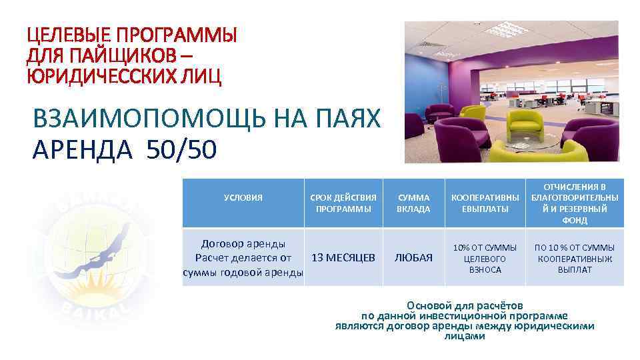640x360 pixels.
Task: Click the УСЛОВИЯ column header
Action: coord(243,198)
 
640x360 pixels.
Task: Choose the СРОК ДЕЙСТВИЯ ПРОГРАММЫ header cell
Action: coord(344,203)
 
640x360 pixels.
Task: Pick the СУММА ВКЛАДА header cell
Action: coord(413,203)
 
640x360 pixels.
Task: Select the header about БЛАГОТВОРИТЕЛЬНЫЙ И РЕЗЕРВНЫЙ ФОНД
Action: coord(574,203)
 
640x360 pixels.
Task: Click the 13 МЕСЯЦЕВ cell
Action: coord(344,257)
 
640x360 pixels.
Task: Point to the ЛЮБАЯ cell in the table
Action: coord(413,257)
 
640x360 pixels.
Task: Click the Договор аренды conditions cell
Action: coord(243,257)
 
